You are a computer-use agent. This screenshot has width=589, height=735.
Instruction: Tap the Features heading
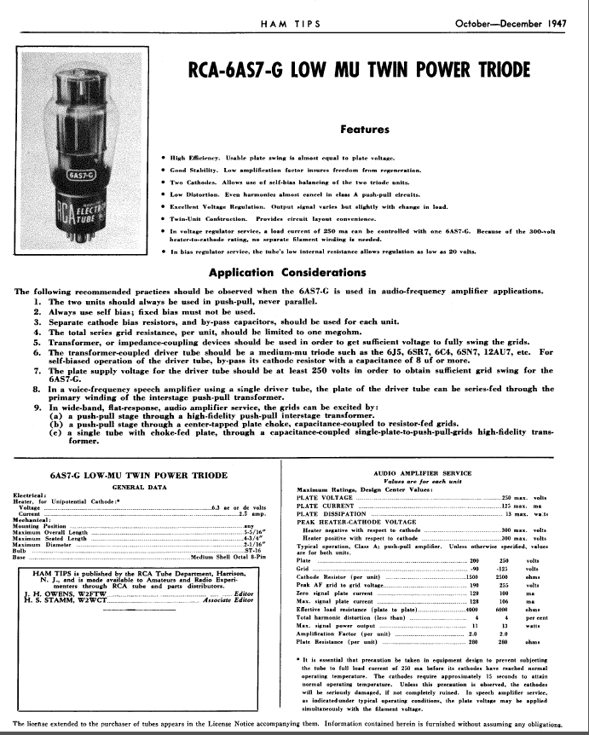(x=365, y=130)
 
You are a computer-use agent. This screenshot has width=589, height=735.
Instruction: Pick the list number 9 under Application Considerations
(x=38, y=408)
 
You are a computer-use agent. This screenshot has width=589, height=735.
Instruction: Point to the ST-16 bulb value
(x=250, y=552)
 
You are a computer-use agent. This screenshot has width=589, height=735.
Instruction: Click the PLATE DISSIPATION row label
(x=332, y=514)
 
